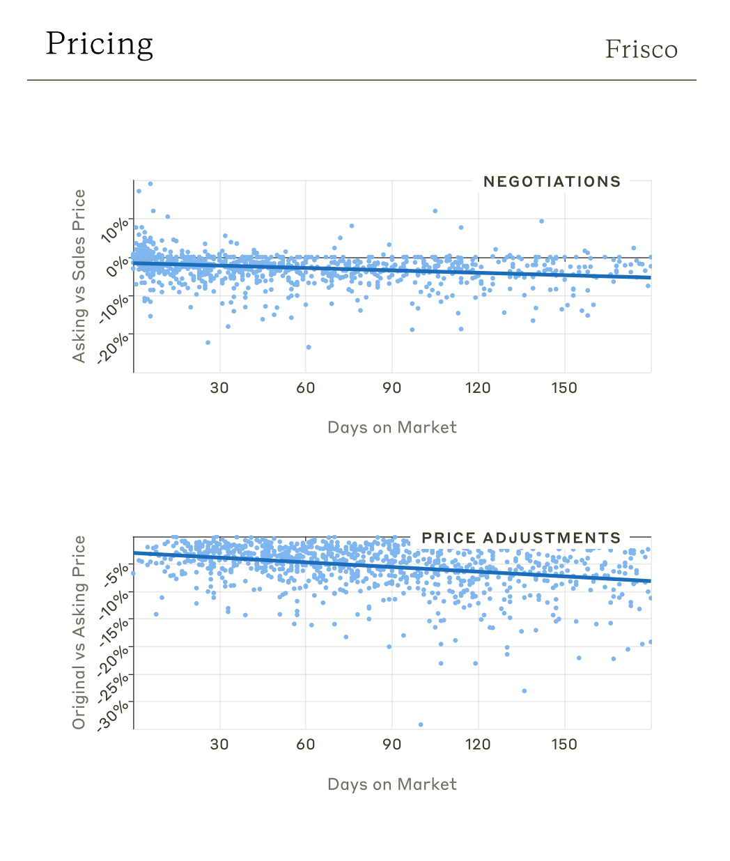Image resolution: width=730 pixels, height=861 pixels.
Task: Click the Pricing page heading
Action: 100,45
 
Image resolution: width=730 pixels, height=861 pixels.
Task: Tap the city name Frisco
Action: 641,49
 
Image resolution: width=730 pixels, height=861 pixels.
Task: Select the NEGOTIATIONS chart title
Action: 552,182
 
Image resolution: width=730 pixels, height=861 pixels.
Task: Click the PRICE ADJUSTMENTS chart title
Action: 521,538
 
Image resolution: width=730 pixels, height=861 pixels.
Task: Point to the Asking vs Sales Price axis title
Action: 79,276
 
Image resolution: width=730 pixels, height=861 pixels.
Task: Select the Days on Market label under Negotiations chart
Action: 392,428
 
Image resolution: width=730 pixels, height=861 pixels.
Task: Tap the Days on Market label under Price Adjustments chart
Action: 392,784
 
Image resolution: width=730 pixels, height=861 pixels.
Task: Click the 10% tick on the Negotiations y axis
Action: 116,228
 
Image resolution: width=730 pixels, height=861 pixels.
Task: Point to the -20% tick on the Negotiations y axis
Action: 114,346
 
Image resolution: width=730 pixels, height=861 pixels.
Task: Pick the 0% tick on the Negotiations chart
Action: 118,265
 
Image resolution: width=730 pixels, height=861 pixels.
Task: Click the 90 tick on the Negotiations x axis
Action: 392,388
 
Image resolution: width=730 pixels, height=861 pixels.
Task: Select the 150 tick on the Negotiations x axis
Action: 564,388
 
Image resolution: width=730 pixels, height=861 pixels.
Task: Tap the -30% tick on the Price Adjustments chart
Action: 114,715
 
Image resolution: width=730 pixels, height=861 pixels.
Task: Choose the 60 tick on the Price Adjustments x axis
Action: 306,745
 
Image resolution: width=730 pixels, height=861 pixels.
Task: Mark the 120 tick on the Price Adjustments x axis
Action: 478,745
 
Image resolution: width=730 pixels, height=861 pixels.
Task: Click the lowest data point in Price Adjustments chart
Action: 421,724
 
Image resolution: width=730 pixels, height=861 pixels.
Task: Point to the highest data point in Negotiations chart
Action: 150,184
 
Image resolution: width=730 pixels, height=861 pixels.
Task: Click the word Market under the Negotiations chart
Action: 427,428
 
